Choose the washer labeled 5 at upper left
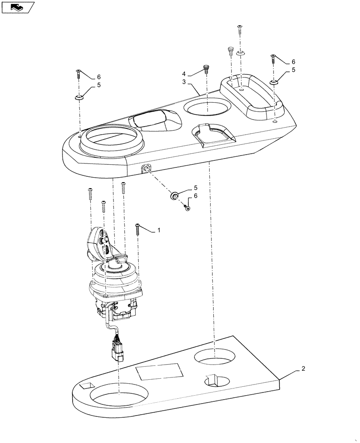coord(79,97)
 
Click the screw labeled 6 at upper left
coord(78,74)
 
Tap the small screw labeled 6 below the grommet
coord(188,207)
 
